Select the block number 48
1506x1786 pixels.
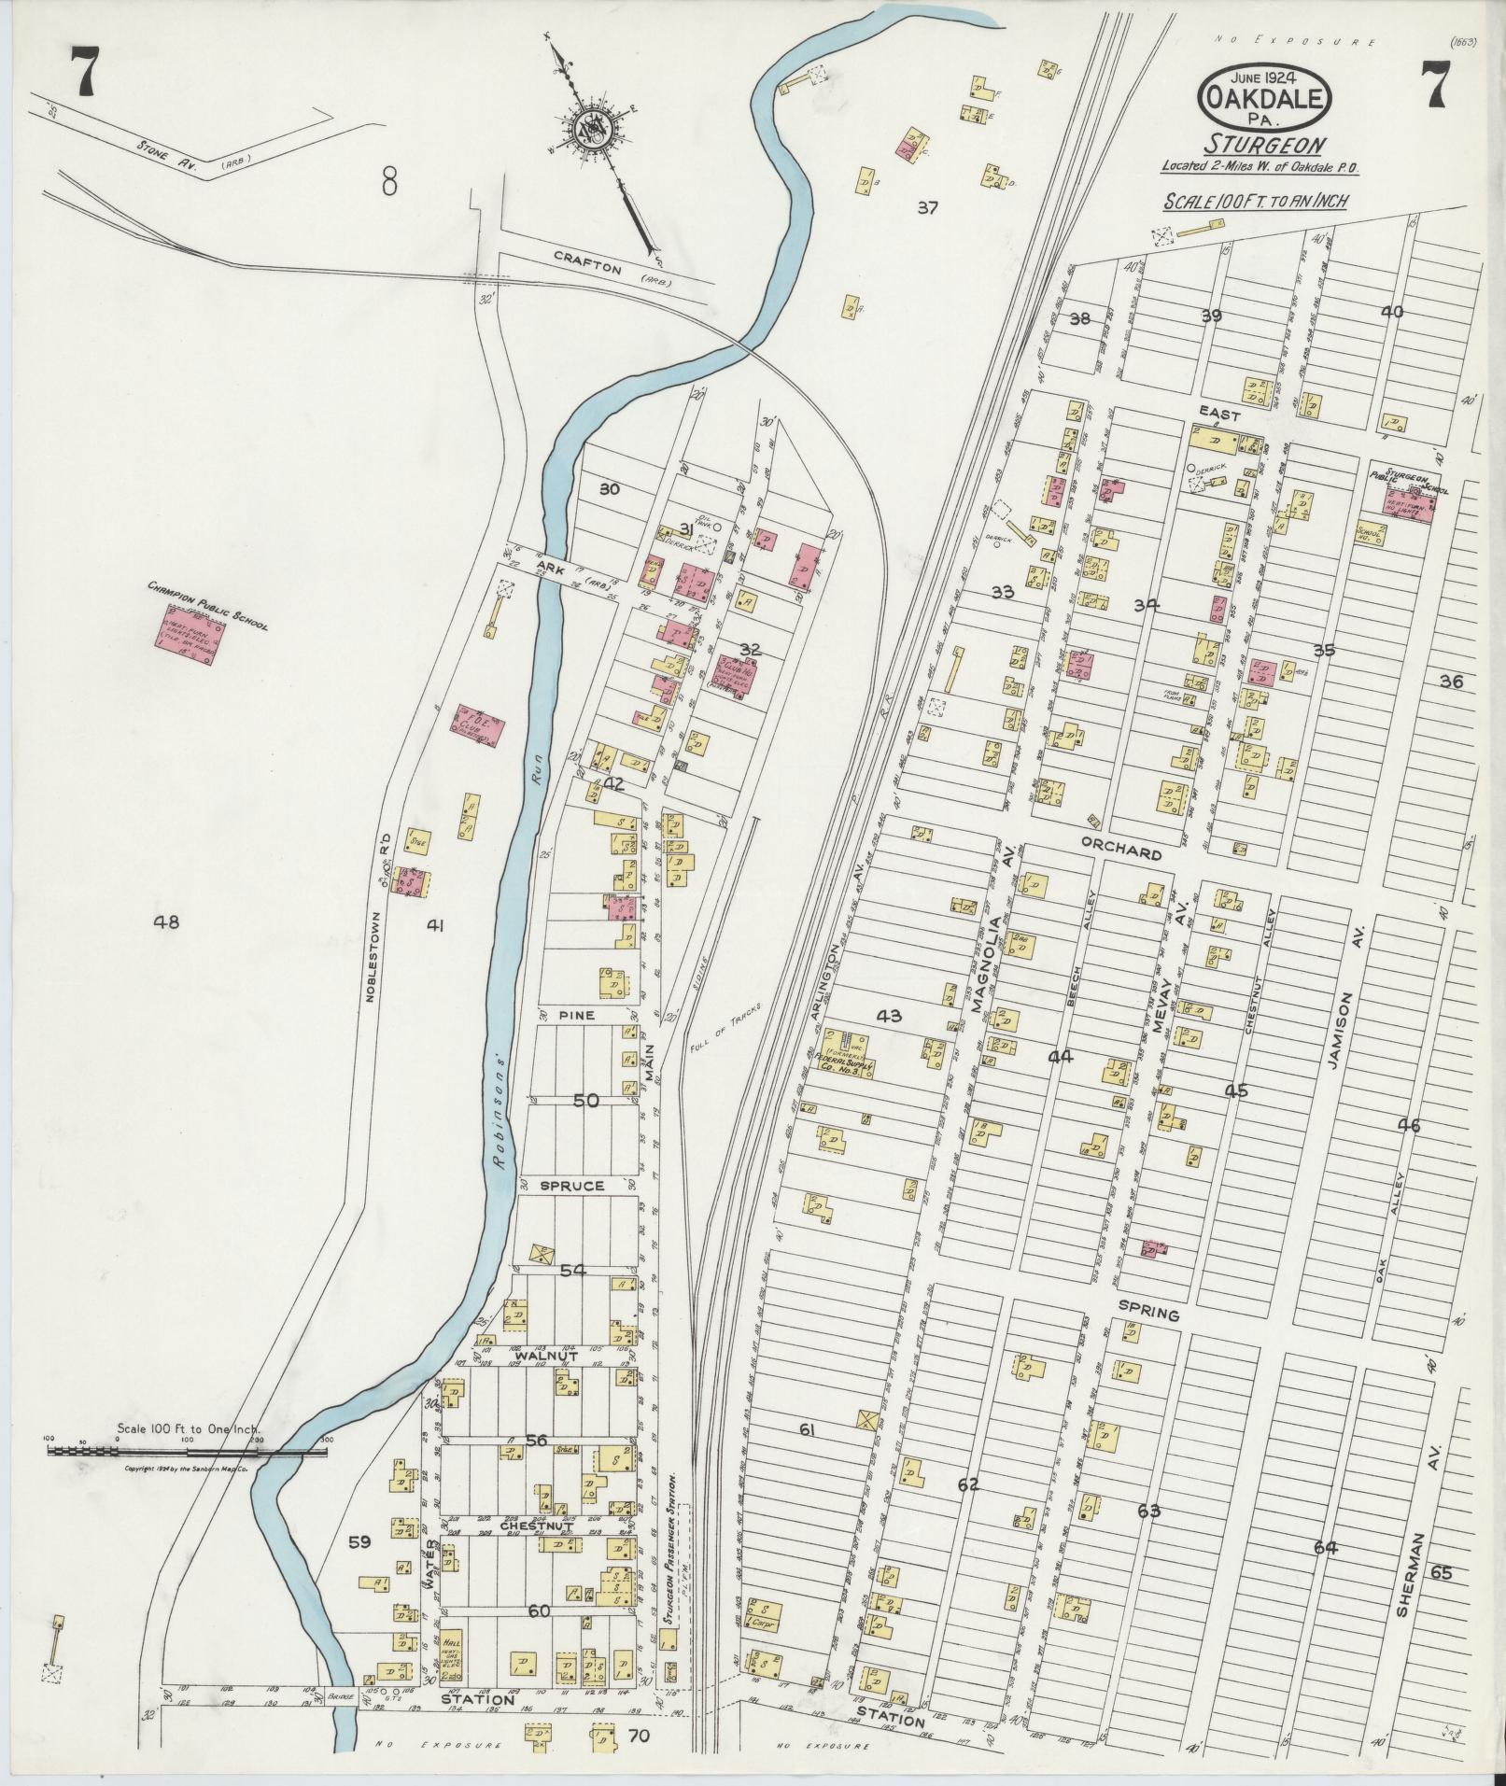point(167,922)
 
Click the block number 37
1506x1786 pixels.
point(926,208)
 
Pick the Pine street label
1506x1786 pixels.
point(577,1013)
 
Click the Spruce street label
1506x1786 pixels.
point(571,1186)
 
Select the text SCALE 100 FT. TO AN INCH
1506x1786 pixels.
point(1255,201)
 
